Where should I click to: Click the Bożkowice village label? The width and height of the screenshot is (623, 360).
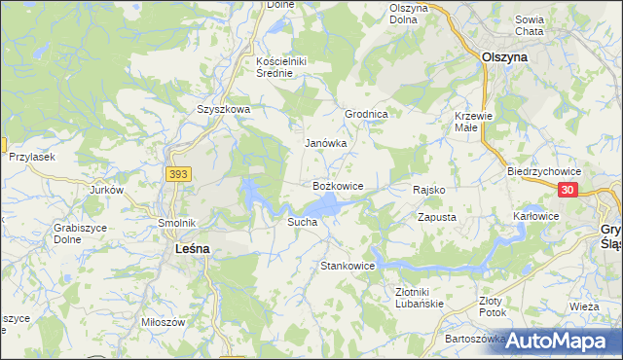click(338, 185)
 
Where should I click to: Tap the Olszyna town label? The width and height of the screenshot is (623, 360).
click(505, 57)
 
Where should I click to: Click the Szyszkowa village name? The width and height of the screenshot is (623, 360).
click(224, 110)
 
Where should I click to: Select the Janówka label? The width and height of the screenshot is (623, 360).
click(326, 143)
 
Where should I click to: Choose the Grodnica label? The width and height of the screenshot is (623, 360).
click(367, 114)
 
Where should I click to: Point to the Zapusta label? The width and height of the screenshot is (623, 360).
click(437, 217)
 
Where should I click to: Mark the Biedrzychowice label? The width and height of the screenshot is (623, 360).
click(544, 170)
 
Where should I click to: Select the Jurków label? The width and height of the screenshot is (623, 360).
click(106, 190)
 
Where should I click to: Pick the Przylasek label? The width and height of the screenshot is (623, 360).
click(30, 157)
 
